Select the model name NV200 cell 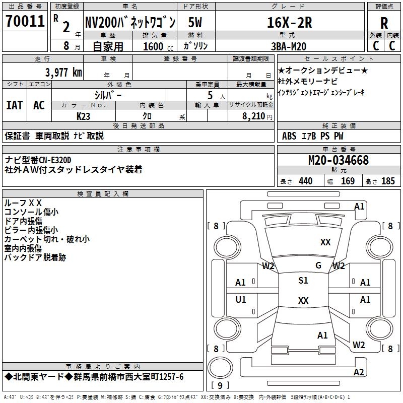[129, 23]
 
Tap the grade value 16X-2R [289, 23]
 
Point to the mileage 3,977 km [63, 73]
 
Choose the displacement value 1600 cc [154, 46]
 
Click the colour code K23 [84, 115]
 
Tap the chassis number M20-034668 [338, 160]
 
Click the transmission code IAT [14, 105]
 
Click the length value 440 [305, 181]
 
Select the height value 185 [388, 181]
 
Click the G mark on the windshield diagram [318, 265]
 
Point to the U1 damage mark [241, 300]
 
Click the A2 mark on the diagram [359, 372]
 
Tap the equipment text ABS [289, 136]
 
